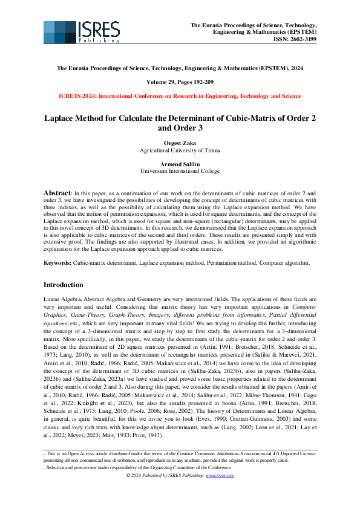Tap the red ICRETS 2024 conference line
pyautogui.click(x=180, y=96)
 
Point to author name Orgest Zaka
pyautogui.click(x=180, y=143)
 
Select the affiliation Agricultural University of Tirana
pyautogui.click(x=180, y=150)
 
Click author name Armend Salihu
pyautogui.click(x=180, y=164)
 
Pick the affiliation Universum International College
pyautogui.click(x=180, y=172)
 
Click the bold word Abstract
pyautogui.click(x=58, y=192)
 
